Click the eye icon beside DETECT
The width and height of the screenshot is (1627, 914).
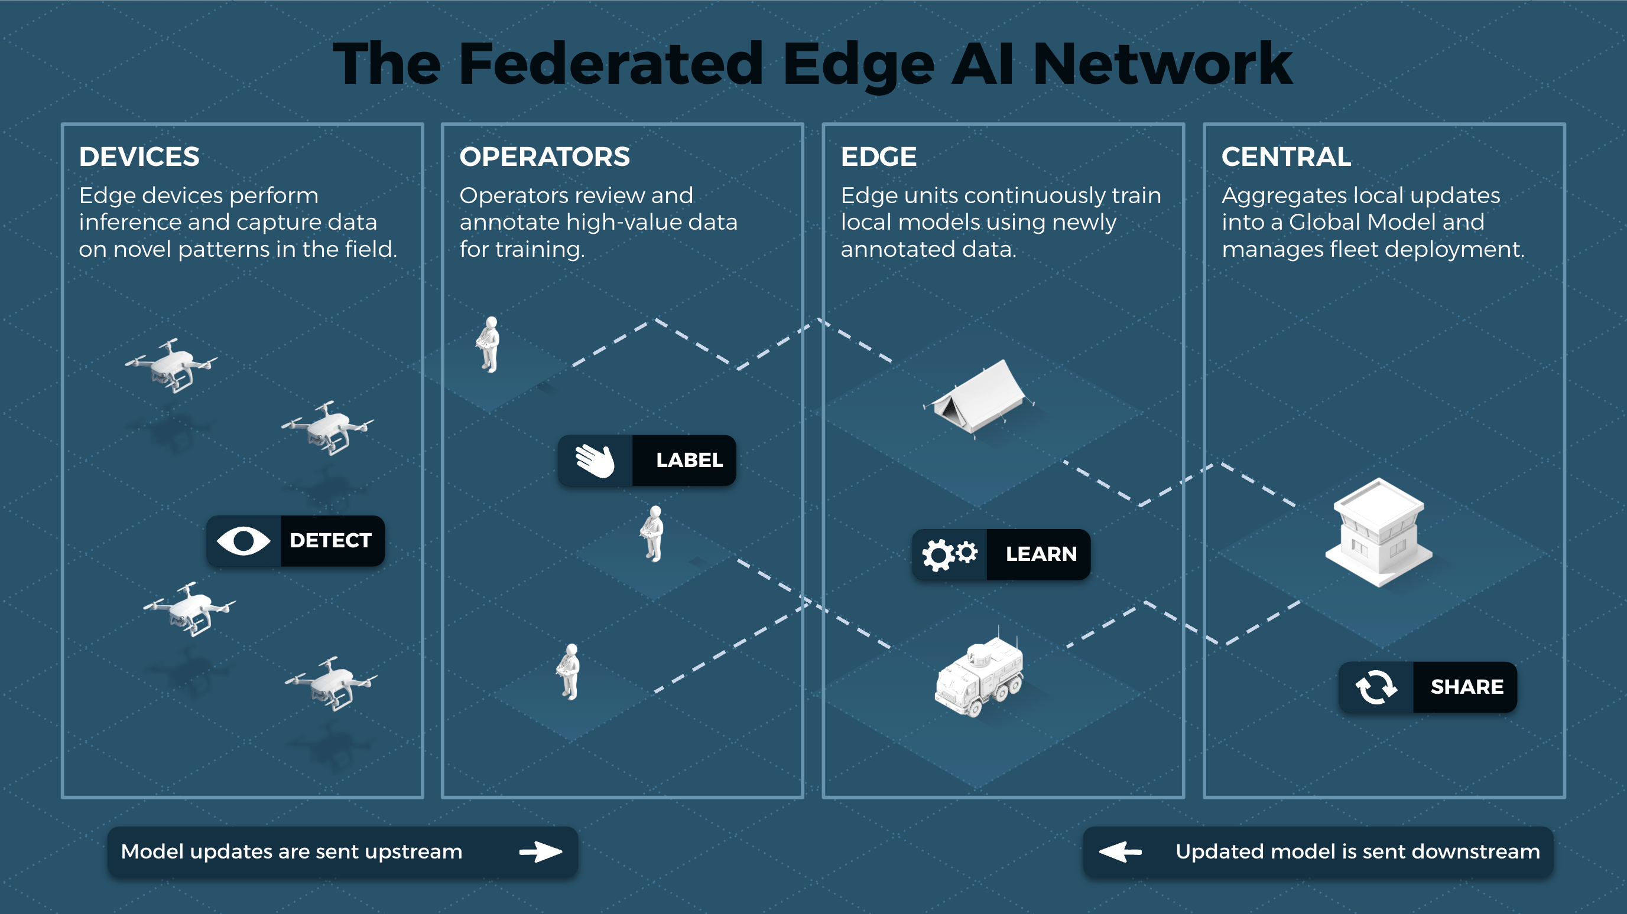coord(243,541)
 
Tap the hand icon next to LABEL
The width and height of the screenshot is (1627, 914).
coord(595,460)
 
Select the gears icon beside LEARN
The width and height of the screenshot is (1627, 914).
coord(949,554)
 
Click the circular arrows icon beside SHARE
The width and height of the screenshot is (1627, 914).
coord(1376,687)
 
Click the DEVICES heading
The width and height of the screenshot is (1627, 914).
coord(139,156)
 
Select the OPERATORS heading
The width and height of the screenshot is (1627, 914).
coord(544,156)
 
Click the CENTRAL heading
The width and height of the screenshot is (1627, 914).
coord(1286,156)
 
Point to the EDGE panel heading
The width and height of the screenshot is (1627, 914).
coord(878,156)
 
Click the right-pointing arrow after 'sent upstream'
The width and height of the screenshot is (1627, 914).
coord(540,851)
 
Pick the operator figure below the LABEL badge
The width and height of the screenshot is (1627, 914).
coord(653,533)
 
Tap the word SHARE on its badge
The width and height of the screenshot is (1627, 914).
coord(1467,687)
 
